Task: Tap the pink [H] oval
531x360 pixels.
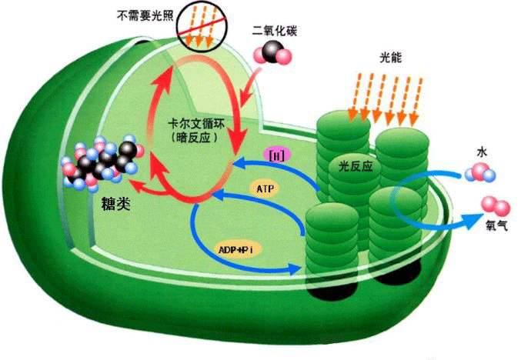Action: (274, 155)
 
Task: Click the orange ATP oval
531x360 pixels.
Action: (264, 187)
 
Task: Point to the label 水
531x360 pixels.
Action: (482, 152)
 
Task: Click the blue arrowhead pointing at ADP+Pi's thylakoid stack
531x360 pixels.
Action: (297, 268)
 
